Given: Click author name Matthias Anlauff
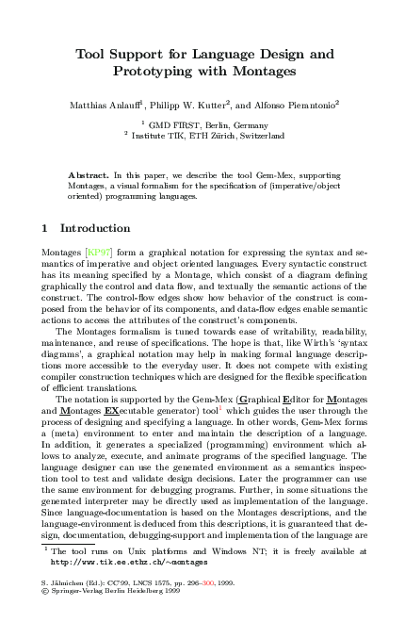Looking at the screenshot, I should pyautogui.click(x=107, y=102).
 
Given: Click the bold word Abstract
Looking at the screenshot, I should pyautogui.click(x=89, y=177).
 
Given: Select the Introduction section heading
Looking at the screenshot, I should pyautogui.click(x=95, y=228).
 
